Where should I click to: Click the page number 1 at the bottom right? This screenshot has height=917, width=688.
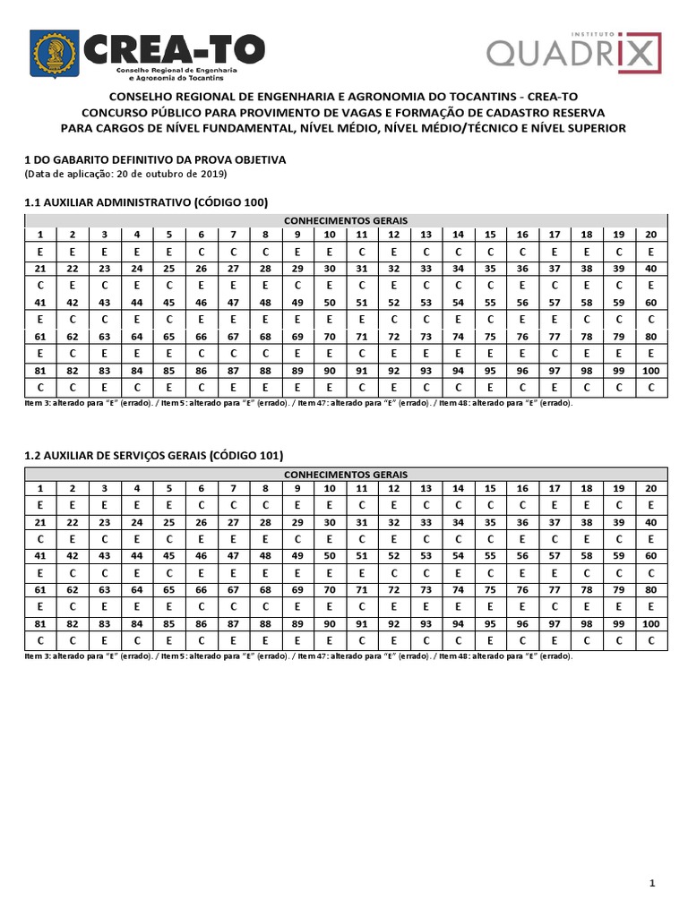point(653,885)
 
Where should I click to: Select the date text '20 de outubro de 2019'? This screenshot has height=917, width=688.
point(174,174)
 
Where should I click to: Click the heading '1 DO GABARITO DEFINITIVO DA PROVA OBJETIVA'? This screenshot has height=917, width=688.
point(154,159)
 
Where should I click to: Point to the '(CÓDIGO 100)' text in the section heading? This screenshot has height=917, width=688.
point(230,202)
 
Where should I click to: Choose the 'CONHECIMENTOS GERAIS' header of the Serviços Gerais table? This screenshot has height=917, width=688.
point(346,474)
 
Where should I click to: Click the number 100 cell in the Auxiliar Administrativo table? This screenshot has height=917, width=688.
point(650,371)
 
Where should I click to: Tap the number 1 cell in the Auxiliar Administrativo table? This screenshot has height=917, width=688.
point(40,235)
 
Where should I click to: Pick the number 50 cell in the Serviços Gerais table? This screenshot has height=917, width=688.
point(330,556)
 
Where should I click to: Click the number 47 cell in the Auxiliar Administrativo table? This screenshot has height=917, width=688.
point(233,303)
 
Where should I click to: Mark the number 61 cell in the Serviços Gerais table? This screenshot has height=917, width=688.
point(40,590)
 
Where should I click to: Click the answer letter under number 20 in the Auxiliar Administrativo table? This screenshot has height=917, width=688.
point(650,252)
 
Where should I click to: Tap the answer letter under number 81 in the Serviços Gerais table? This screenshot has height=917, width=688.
point(40,641)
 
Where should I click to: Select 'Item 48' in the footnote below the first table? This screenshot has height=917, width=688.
point(451,403)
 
